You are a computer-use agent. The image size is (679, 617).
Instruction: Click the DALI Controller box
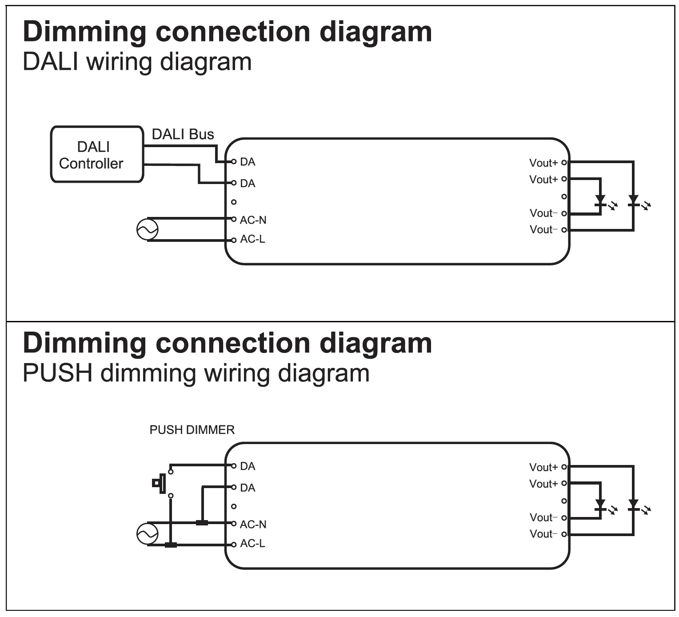(x=97, y=155)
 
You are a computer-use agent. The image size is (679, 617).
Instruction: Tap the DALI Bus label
(x=183, y=134)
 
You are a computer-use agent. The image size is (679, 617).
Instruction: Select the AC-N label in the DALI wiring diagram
(x=253, y=220)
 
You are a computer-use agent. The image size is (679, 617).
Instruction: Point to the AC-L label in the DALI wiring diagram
(x=252, y=239)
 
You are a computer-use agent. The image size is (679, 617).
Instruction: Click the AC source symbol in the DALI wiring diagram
(x=147, y=230)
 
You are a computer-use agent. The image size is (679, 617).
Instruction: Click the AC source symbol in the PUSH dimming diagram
(x=147, y=534)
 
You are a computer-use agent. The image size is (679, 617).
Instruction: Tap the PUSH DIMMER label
(x=192, y=430)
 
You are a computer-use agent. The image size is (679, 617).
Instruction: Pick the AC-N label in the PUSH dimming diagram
(x=253, y=525)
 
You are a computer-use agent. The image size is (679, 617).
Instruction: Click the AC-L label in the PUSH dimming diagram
(x=252, y=544)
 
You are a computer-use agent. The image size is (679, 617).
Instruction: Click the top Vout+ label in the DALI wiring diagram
(x=543, y=163)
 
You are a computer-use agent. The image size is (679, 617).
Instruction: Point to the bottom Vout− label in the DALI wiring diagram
(x=543, y=230)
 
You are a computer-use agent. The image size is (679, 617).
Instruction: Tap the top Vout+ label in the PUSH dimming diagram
(x=543, y=467)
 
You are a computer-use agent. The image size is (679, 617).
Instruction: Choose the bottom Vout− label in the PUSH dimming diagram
(x=543, y=534)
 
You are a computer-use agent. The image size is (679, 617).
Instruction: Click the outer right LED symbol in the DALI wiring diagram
(x=634, y=200)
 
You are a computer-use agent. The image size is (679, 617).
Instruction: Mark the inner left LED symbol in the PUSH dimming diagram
(x=600, y=505)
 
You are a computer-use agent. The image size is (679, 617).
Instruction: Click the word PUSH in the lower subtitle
(x=57, y=373)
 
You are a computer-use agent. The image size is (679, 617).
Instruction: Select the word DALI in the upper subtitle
(x=50, y=62)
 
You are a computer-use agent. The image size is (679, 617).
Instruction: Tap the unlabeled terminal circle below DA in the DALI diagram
(x=234, y=202)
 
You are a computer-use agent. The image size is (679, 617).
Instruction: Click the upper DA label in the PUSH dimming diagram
(x=248, y=466)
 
